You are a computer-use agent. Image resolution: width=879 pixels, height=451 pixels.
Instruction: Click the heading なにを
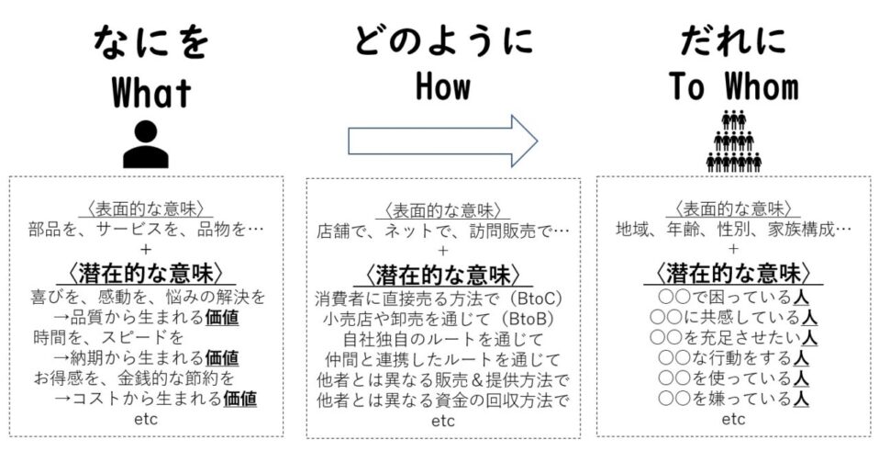(x=151, y=42)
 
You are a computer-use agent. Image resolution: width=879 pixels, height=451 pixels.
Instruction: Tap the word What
(x=151, y=93)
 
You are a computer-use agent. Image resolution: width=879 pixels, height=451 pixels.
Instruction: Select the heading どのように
(x=444, y=42)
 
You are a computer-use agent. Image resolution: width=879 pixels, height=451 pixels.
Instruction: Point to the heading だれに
(x=733, y=42)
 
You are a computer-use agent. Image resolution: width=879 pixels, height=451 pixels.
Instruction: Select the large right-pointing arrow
(x=442, y=141)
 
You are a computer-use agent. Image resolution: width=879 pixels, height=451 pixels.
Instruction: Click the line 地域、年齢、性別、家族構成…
(x=733, y=229)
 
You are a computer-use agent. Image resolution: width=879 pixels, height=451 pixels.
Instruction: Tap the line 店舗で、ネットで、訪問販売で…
(x=443, y=229)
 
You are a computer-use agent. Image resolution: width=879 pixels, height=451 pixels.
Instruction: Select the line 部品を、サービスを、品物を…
(x=147, y=229)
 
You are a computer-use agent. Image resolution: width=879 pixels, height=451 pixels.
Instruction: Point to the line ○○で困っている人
(x=733, y=298)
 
